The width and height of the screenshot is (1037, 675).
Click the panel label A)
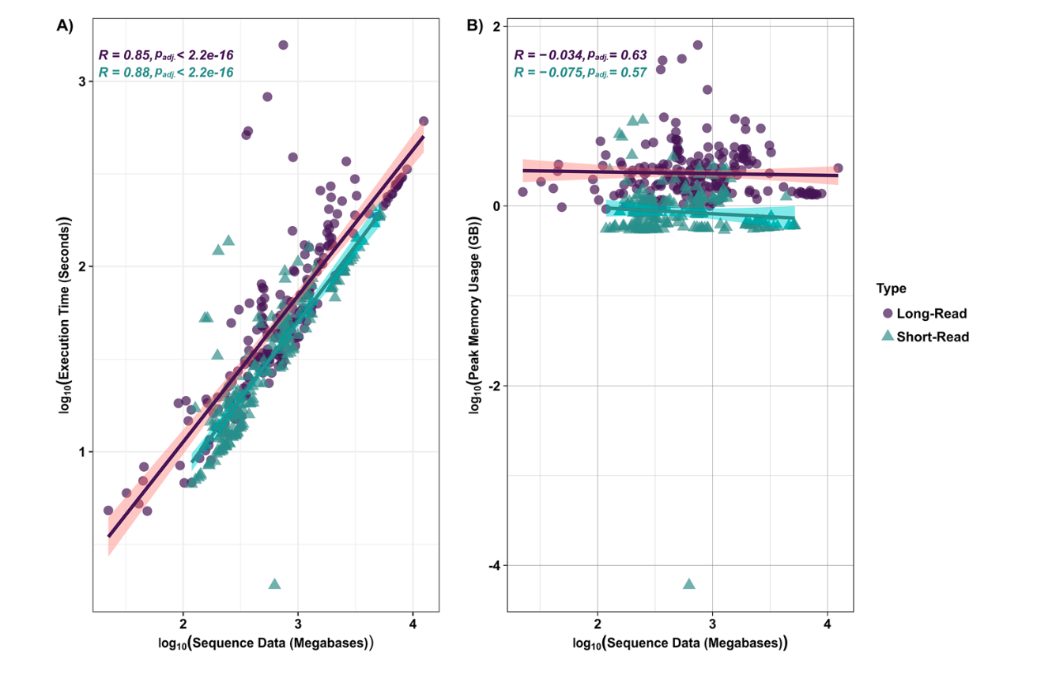[65, 26]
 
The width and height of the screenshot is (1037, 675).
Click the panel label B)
[475, 26]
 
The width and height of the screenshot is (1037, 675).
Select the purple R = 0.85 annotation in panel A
[166, 55]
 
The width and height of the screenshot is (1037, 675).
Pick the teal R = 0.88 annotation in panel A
[166, 73]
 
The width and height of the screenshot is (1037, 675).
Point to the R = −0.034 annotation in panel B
[580, 55]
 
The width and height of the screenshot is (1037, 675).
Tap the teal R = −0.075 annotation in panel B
[580, 73]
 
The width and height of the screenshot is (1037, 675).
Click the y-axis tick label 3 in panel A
[82, 81]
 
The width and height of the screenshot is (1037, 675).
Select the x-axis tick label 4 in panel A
[413, 624]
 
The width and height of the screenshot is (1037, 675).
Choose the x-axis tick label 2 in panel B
[598, 624]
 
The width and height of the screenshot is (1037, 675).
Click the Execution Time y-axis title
[64, 315]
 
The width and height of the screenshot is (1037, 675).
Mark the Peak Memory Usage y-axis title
[474, 315]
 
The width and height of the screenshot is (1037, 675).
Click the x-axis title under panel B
[680, 643]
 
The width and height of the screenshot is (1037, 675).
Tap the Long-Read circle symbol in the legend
[888, 314]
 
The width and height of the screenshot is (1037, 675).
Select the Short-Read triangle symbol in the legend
[888, 336]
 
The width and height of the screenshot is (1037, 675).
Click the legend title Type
[892, 288]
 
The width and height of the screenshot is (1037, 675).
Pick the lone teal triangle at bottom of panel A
[274, 584]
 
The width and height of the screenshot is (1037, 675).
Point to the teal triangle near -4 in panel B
[689, 584]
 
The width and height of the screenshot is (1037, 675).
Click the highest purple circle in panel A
[283, 45]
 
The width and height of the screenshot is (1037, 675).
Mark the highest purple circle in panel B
[698, 45]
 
